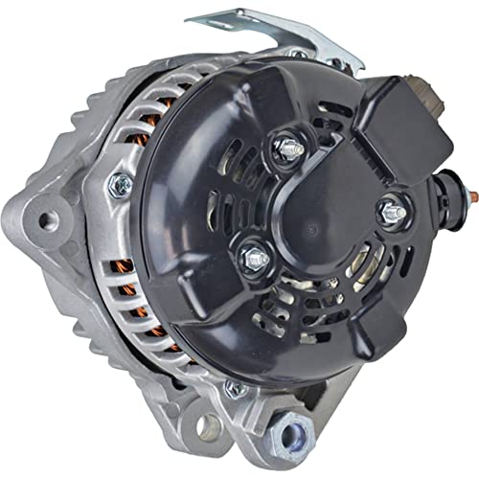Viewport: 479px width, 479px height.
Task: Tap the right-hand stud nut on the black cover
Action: tap(392, 213)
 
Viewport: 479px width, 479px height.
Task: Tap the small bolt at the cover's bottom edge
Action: tap(233, 387)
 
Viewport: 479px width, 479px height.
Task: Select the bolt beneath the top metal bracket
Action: tap(299, 55)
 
